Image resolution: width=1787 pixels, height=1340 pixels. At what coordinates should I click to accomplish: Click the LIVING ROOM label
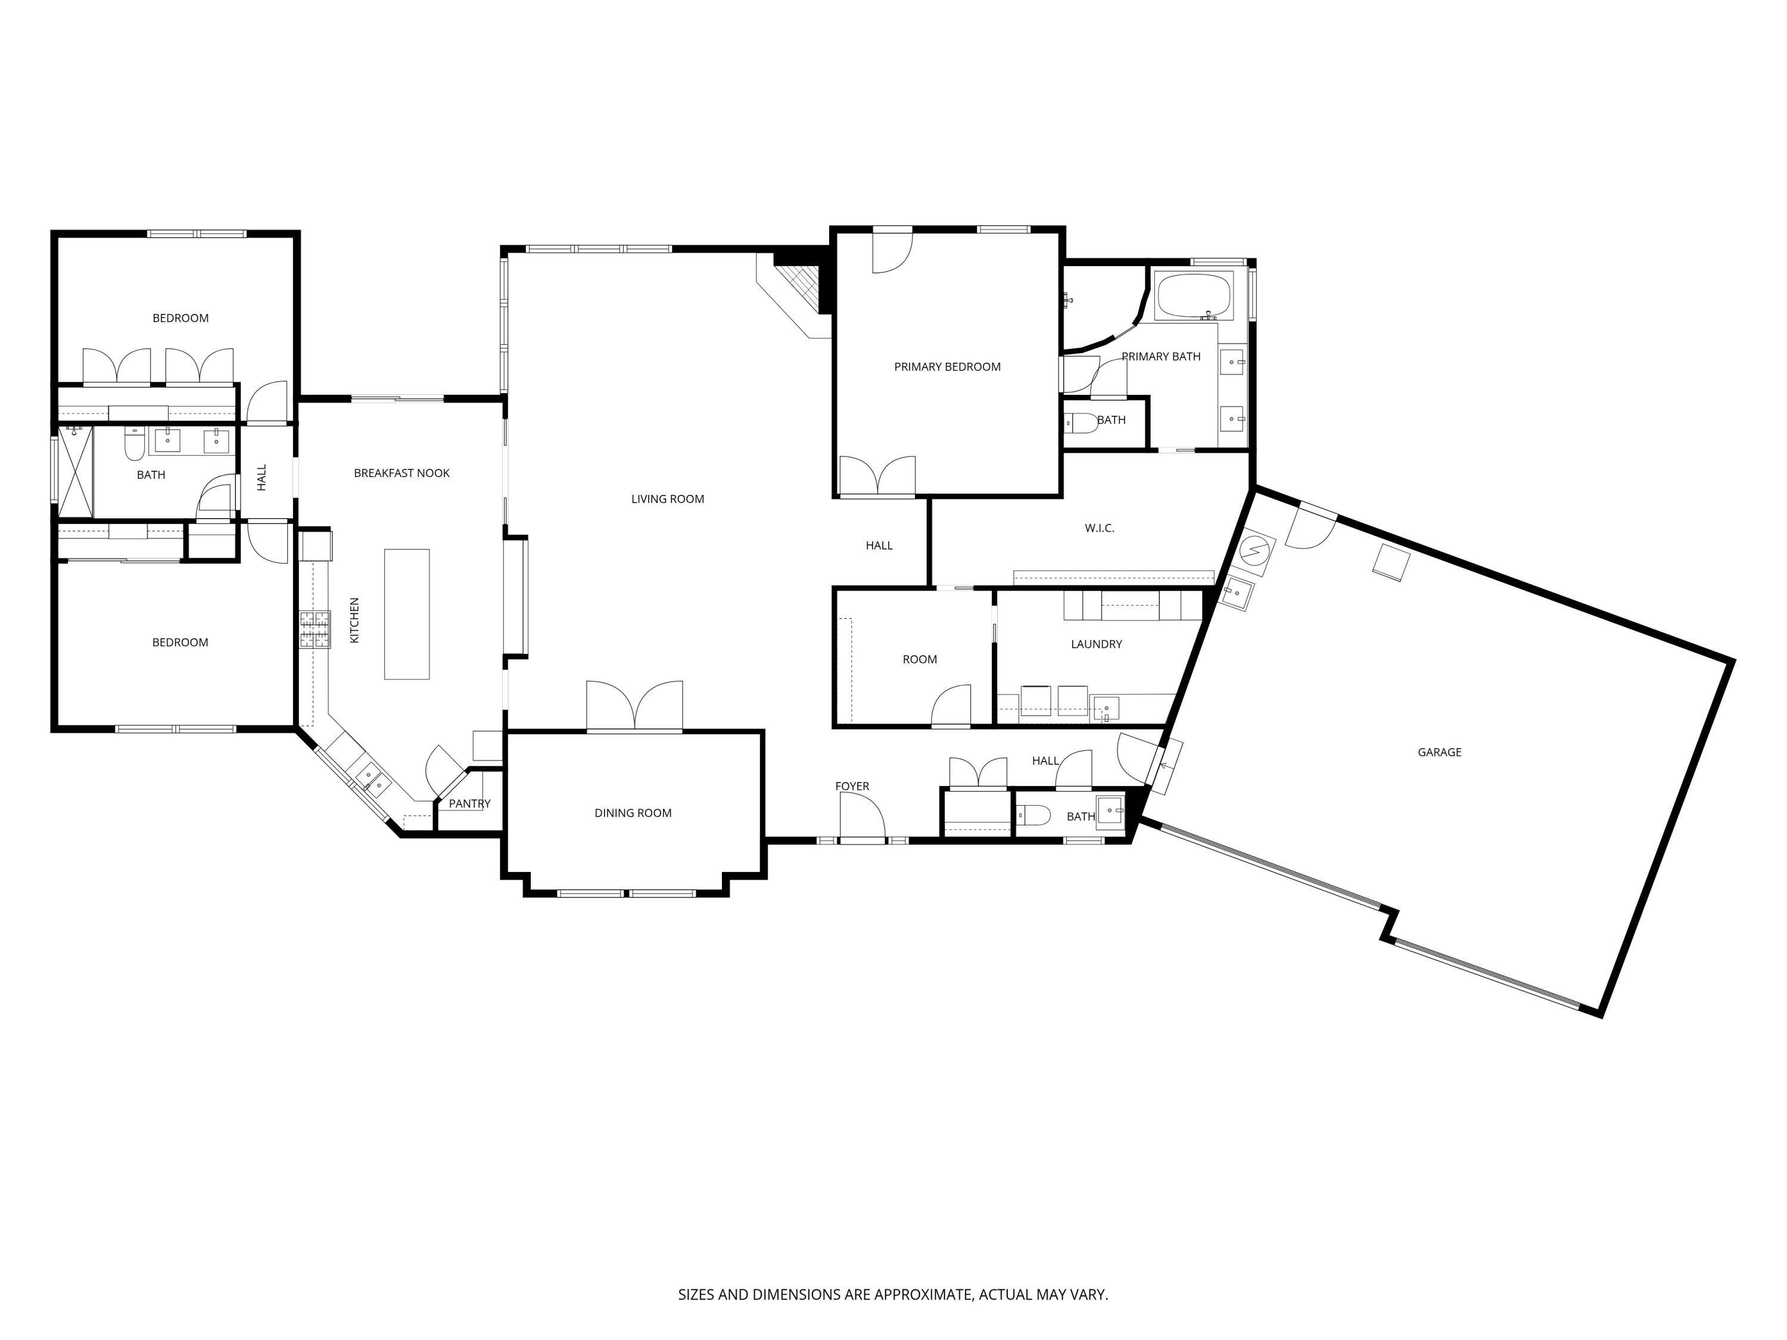667,499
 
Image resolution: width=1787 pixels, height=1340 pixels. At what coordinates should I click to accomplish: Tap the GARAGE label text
1439,752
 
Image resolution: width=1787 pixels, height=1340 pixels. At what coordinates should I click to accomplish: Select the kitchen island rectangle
406,614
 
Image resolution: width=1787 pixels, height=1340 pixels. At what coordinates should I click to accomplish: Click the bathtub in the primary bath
1193,297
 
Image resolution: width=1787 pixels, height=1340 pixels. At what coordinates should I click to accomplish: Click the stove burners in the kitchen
315,630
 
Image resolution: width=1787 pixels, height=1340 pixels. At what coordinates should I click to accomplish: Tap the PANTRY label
469,803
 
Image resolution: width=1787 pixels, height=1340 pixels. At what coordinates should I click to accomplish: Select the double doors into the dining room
634,707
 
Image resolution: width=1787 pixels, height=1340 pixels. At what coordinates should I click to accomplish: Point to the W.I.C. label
1098,528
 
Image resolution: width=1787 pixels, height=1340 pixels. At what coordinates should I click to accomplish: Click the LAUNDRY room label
1095,644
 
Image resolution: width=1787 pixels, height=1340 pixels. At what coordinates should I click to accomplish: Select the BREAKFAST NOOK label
401,473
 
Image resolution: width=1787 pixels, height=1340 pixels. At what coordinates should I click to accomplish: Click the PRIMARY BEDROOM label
947,367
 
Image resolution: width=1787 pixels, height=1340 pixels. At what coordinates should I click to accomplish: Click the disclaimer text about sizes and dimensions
893,1249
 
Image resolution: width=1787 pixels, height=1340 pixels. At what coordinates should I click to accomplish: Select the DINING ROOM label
633,814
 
